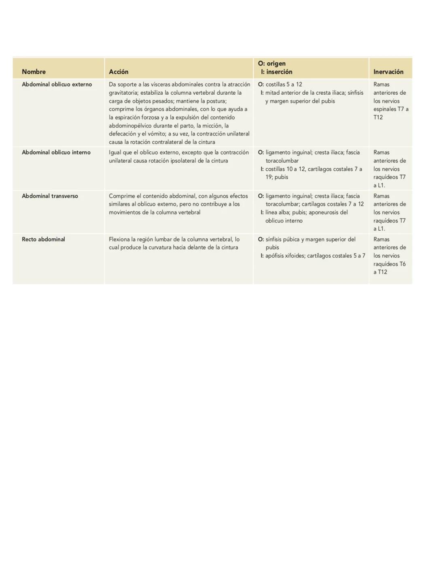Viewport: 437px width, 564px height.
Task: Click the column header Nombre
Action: [34, 72]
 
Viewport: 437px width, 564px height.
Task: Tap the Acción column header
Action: [119, 72]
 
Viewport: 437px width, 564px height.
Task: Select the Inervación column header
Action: [388, 72]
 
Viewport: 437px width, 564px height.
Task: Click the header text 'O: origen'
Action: [272, 64]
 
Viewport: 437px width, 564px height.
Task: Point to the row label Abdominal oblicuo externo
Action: [57, 84]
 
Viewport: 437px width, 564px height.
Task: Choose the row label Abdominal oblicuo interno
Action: [56, 152]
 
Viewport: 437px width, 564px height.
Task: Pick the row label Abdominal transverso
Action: [50, 196]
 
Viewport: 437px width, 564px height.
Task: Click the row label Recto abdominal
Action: [43, 239]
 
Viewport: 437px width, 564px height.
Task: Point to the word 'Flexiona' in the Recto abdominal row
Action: [119, 239]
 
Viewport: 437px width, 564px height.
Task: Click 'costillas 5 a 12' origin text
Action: [284, 84]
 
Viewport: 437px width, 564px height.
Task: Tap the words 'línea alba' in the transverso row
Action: [277, 212]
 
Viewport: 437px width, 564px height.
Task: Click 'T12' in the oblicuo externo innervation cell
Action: [378, 117]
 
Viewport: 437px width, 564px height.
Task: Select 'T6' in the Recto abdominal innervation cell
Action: [402, 264]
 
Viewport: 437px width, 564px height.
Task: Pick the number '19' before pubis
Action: [269, 177]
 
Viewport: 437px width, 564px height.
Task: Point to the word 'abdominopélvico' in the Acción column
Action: [130, 125]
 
